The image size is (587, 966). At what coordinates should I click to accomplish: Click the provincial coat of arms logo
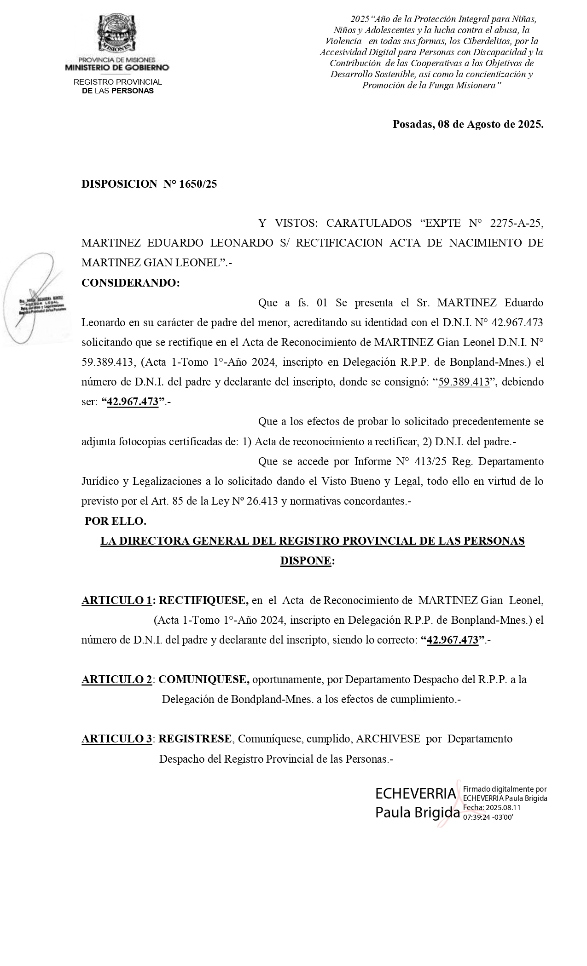pos(116,34)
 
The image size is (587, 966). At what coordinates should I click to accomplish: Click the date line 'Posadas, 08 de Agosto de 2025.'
pos(468,124)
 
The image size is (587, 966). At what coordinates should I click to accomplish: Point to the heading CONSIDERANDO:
pos(131,283)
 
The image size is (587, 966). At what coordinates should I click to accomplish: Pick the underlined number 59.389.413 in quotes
pos(464,382)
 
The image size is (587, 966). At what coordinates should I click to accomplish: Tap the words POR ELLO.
pos(116,521)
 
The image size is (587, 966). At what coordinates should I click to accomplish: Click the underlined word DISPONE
pos(306,561)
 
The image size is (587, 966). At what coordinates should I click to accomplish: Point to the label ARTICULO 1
pos(117,600)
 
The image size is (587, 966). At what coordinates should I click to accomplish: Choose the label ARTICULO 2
pos(117,679)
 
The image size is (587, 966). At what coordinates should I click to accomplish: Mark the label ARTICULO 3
pos(117,739)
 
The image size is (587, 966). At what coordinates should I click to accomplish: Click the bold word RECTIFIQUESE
pos(203,600)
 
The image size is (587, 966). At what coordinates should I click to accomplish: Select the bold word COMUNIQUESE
pos(204,679)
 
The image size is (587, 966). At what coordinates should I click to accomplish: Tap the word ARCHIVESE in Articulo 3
pos(388,739)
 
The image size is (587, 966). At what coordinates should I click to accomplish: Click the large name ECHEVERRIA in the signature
pos(415,793)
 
